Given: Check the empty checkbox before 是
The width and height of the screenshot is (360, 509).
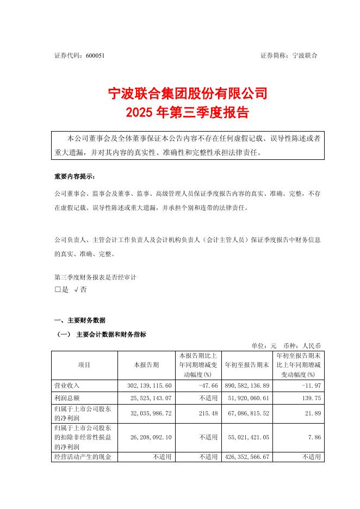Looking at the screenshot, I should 58,290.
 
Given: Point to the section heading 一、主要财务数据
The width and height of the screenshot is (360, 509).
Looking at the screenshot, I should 80,320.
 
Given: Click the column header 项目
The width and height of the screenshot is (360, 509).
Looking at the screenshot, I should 84,365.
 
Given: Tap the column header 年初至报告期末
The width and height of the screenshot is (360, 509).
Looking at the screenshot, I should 247,365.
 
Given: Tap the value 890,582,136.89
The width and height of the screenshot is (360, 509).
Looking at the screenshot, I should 246,385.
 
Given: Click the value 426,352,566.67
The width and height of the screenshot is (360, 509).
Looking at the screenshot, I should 246,457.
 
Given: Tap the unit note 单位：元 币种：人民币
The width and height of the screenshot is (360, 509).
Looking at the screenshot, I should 286,345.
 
